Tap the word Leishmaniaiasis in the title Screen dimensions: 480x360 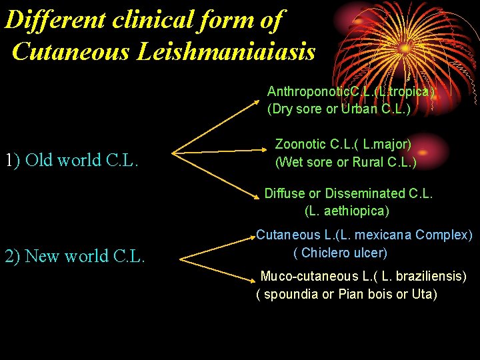tap(227, 51)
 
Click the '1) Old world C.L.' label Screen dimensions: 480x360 tap(71, 161)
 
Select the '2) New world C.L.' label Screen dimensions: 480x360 tap(75, 256)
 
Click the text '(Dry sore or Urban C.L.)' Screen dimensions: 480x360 tap(339, 109)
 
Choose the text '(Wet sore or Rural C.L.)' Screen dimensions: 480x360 tap(345, 162)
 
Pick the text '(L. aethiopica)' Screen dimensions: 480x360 tap(347, 211)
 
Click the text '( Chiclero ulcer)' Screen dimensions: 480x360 tap(340, 253)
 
